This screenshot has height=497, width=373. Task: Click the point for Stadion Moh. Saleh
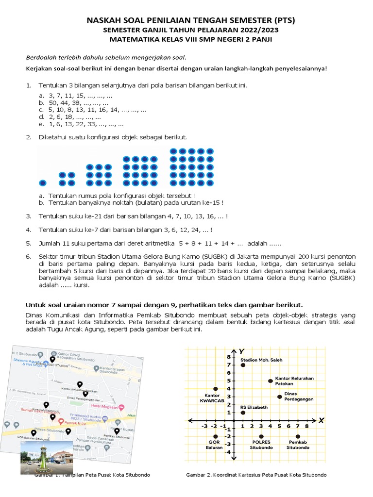pos(243,365)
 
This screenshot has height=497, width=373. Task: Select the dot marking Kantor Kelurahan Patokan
pos(271,381)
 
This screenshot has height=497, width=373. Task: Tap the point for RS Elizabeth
pos(243,413)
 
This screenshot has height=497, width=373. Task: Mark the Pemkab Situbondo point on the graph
pos(298,436)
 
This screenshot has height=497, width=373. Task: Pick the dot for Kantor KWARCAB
pos(216,389)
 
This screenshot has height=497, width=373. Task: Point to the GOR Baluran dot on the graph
pos(216,436)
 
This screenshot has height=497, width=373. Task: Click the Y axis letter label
pos(241,351)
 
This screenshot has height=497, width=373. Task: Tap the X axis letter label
pos(321,420)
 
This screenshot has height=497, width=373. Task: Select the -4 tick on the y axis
pos(227,452)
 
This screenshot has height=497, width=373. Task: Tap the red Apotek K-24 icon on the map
pos(61,422)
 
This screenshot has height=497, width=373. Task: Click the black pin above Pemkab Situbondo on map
pos(117,430)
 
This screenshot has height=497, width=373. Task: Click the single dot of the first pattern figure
pos(43,183)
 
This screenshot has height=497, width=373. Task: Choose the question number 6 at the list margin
pos(29,256)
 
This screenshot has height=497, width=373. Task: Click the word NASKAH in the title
pos(103,20)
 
